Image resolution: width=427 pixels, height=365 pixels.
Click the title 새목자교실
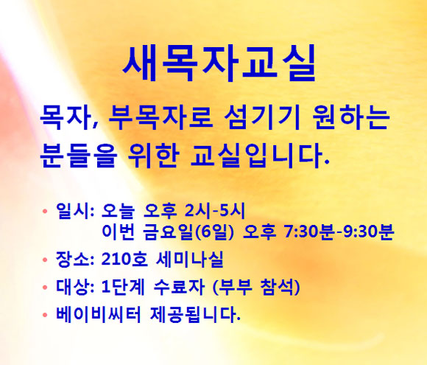pyautogui.click(x=219, y=63)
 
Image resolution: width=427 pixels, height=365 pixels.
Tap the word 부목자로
pyautogui.click(x=160, y=117)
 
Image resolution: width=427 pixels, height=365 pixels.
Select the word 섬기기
pyautogui.click(x=262, y=117)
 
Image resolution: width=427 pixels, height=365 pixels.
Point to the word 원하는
pyautogui.click(x=350, y=117)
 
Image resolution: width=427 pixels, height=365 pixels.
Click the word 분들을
pyautogui.click(x=79, y=156)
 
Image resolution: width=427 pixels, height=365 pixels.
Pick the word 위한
pyautogui.click(x=154, y=156)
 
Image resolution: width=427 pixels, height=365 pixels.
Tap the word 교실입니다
pyautogui.click(x=260, y=156)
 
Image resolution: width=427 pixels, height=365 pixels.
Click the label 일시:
pyautogui.click(x=75, y=211)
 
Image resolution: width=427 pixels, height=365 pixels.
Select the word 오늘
pyautogui.click(x=119, y=211)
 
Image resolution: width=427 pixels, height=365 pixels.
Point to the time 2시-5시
pyautogui.click(x=215, y=211)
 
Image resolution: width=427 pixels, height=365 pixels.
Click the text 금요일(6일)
pyautogui.click(x=188, y=232)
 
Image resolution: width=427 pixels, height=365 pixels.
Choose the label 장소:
pyautogui.click(x=75, y=259)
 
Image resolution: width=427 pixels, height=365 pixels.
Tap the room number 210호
pyautogui.click(x=124, y=259)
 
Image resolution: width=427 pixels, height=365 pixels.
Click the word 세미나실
pyautogui.click(x=190, y=259)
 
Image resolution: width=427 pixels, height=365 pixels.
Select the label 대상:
pyautogui.click(x=75, y=287)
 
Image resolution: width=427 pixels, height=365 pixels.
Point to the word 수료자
pyautogui.click(x=179, y=287)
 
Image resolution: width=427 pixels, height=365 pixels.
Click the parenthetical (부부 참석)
pyautogui.click(x=256, y=287)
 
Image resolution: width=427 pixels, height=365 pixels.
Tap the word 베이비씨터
pyautogui.click(x=99, y=315)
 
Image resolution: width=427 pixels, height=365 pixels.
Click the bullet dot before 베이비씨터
pyautogui.click(x=45, y=315)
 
